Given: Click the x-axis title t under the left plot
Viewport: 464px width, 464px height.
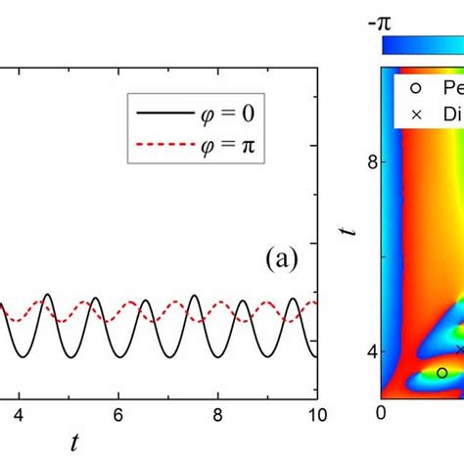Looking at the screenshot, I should [74, 442].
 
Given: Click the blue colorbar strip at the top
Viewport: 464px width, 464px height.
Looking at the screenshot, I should [421, 44].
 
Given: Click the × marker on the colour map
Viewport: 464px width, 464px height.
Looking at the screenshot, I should [459, 348].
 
